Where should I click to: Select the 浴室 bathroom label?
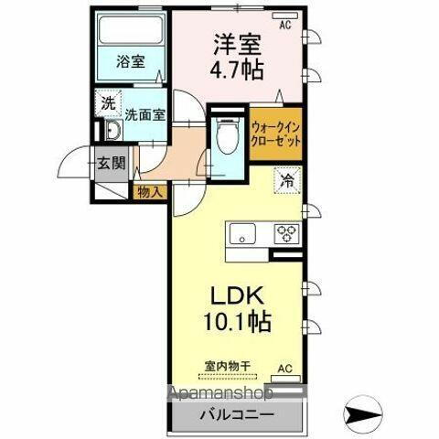(129, 62)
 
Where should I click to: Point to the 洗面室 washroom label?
(144, 115)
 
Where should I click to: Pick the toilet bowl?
(225, 138)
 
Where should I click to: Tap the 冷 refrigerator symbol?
(287, 181)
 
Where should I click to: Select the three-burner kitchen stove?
(286, 233)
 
